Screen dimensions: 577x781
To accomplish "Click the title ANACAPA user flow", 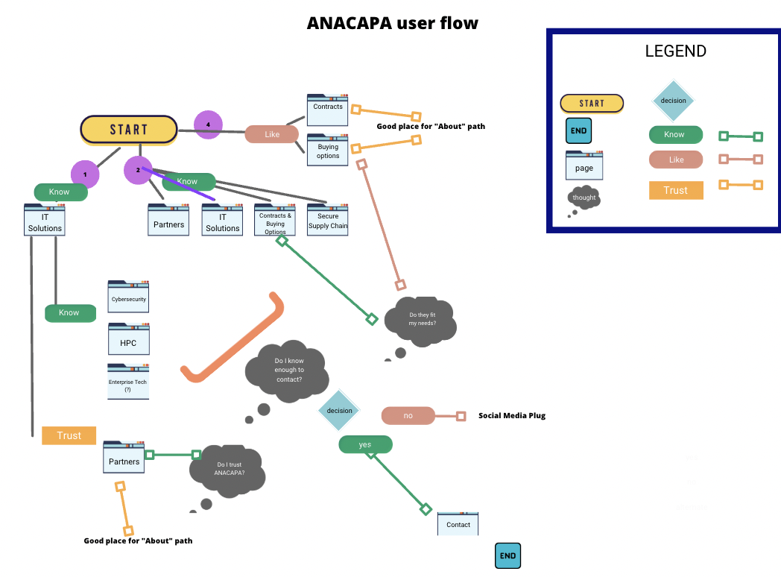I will (393, 23).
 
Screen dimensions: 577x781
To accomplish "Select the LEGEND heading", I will (675, 51).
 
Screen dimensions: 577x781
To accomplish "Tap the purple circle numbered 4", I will (209, 124).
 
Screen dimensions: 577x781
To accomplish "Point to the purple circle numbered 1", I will (85, 174).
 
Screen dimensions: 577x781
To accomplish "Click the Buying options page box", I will (328, 149).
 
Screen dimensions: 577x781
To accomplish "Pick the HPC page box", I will (128, 340).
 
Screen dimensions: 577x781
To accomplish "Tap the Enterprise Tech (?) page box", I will (128, 382).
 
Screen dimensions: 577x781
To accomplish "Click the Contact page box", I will (458, 523).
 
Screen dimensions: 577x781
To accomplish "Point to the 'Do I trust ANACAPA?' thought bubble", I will (228, 470).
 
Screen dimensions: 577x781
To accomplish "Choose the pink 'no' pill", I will (408, 415).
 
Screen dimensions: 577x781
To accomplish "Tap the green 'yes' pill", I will (365, 444).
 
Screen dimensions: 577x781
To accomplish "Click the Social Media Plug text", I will (512, 415).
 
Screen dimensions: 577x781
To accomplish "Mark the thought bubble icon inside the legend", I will (584, 198).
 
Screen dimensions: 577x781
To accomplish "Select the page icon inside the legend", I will (584, 165).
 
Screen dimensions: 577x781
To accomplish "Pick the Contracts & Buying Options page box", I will (275, 221).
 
